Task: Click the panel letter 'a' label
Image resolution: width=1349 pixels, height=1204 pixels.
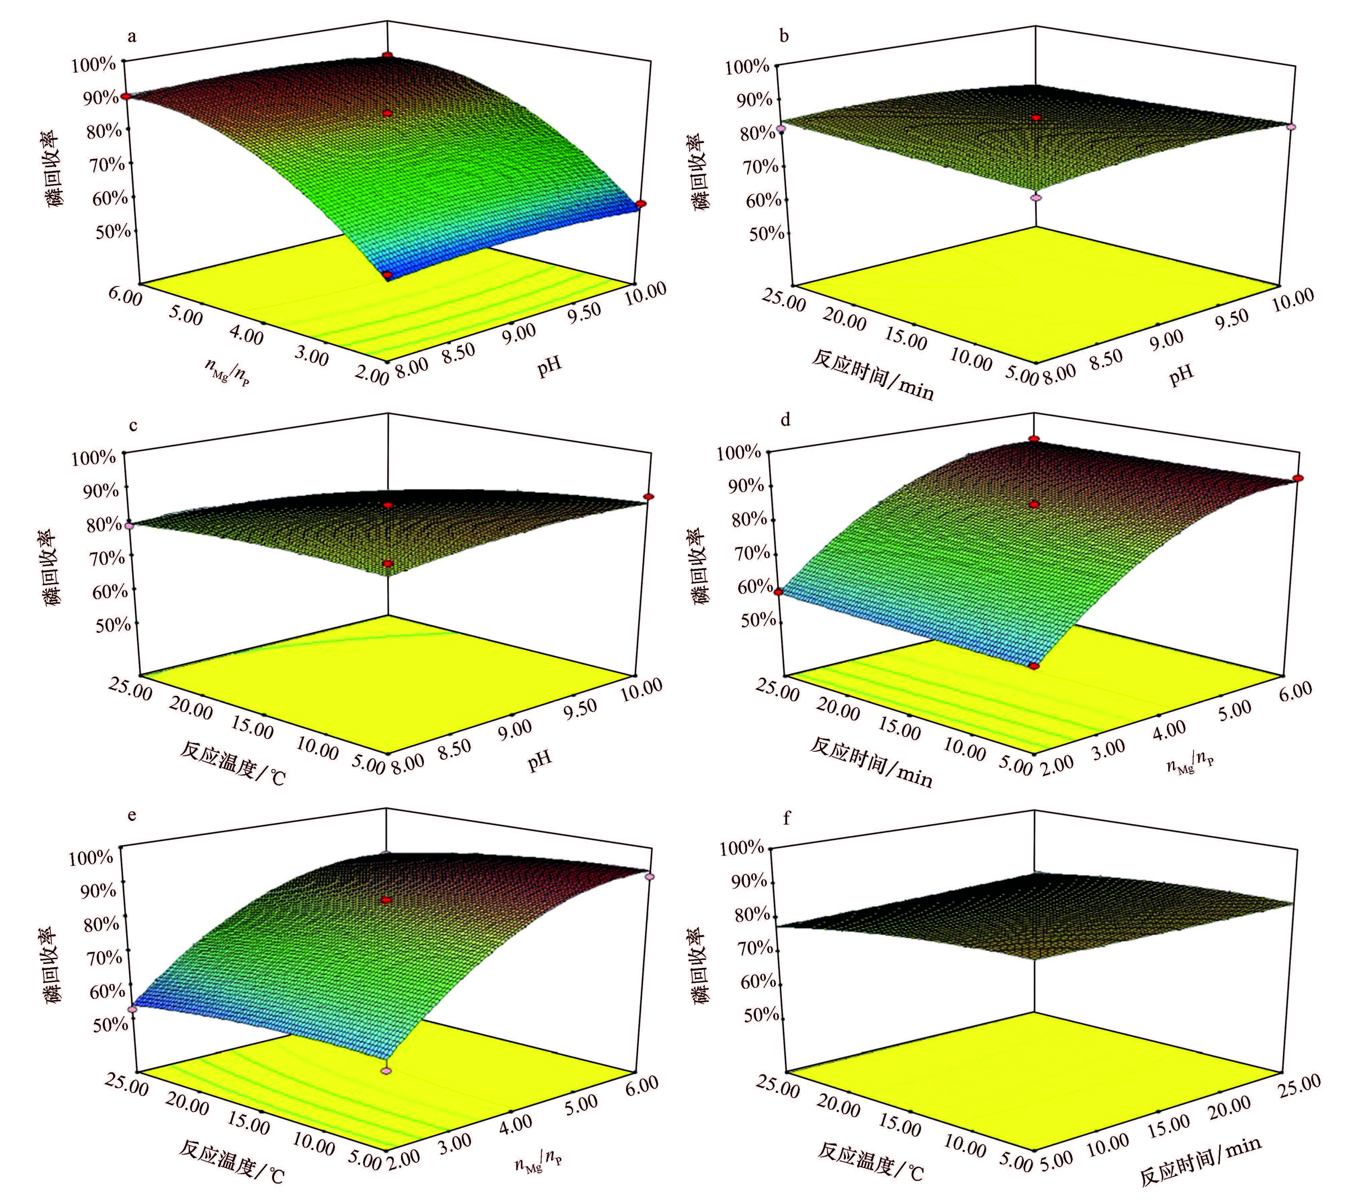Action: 132,36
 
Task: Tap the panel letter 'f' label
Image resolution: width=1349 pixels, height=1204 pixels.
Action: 787,819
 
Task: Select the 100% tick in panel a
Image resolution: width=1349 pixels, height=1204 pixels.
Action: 94,64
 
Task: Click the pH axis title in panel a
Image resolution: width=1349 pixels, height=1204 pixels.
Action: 549,364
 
